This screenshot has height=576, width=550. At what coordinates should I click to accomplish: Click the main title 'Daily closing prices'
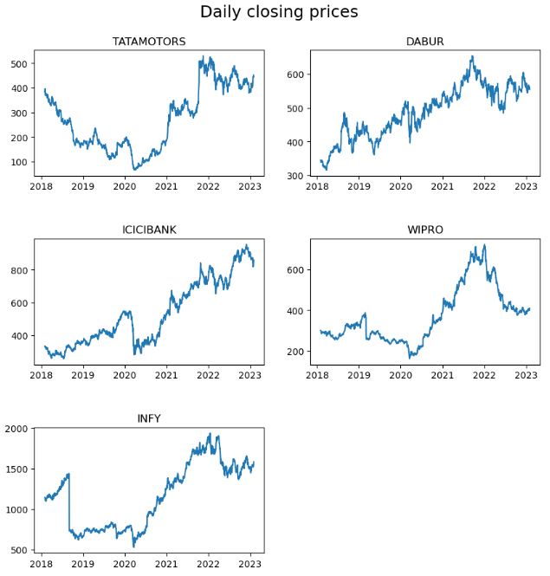click(x=278, y=12)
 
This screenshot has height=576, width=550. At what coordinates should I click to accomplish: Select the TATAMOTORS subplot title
click(x=149, y=42)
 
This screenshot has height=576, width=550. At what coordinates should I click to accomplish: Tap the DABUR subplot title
click(x=424, y=42)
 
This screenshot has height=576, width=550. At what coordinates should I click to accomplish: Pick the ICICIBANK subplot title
click(x=149, y=230)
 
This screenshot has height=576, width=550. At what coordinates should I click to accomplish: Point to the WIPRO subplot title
click(x=424, y=230)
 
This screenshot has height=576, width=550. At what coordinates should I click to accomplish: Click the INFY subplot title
click(x=149, y=418)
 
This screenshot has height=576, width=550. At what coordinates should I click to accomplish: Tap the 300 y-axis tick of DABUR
click(x=294, y=176)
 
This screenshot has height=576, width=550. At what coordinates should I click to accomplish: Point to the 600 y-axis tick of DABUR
click(x=294, y=75)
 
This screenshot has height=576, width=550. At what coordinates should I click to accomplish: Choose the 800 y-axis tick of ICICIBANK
click(x=19, y=270)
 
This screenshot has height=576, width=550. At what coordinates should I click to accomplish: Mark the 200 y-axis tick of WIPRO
click(x=294, y=352)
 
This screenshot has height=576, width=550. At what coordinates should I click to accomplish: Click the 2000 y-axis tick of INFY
click(x=16, y=429)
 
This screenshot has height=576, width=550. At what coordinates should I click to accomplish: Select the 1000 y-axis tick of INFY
click(x=16, y=510)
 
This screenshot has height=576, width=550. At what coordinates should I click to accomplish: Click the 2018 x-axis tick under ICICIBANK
click(x=42, y=375)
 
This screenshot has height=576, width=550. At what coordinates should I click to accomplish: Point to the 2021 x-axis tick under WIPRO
click(x=443, y=375)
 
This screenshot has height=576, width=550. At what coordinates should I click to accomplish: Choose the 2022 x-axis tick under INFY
click(x=208, y=564)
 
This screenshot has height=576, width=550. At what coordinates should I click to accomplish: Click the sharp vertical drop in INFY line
click(x=69, y=502)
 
